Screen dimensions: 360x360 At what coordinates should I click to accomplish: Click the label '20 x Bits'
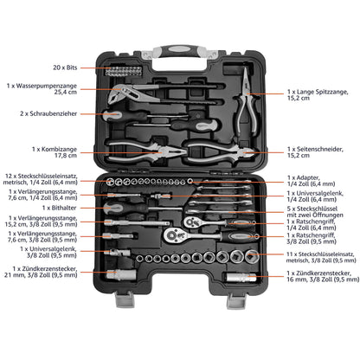pyautogui.click(x=65, y=67)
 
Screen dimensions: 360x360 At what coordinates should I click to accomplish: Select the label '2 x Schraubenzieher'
pyautogui.click(x=48, y=113)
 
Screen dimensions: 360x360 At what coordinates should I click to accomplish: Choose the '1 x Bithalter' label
pyautogui.click(x=60, y=208)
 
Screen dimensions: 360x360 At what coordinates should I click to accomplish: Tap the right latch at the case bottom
pyautogui.click(x=236, y=300)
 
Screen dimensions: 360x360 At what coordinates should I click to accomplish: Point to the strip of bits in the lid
pyautogui.click(x=124, y=71)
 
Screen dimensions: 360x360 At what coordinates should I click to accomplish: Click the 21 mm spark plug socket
pyautogui.click(x=121, y=274)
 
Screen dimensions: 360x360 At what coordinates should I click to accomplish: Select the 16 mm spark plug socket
pyautogui.click(x=241, y=278)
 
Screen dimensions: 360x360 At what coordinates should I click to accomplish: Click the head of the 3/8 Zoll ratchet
pyautogui.click(x=174, y=235)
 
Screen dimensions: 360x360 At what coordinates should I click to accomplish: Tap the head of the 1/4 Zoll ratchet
pyautogui.click(x=191, y=222)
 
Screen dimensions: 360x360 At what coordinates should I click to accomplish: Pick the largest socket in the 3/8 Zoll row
pyautogui.click(x=252, y=256)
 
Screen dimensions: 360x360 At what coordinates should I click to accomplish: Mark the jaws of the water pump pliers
pyautogui.click(x=119, y=93)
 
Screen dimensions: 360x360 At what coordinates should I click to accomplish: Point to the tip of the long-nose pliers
pyautogui.click(x=245, y=70)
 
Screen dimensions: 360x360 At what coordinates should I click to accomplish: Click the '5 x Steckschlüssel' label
pyautogui.click(x=315, y=212)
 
